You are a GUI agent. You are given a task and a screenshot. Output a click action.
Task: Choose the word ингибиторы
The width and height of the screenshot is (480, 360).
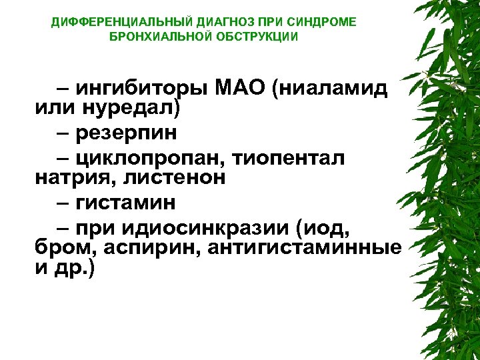pyautogui.click(x=142, y=88)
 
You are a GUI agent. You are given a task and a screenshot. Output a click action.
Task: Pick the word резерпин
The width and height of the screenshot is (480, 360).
pyautogui.click(x=127, y=133)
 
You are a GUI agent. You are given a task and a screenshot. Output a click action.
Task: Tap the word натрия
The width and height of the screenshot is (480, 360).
pyautogui.click(x=70, y=177)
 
